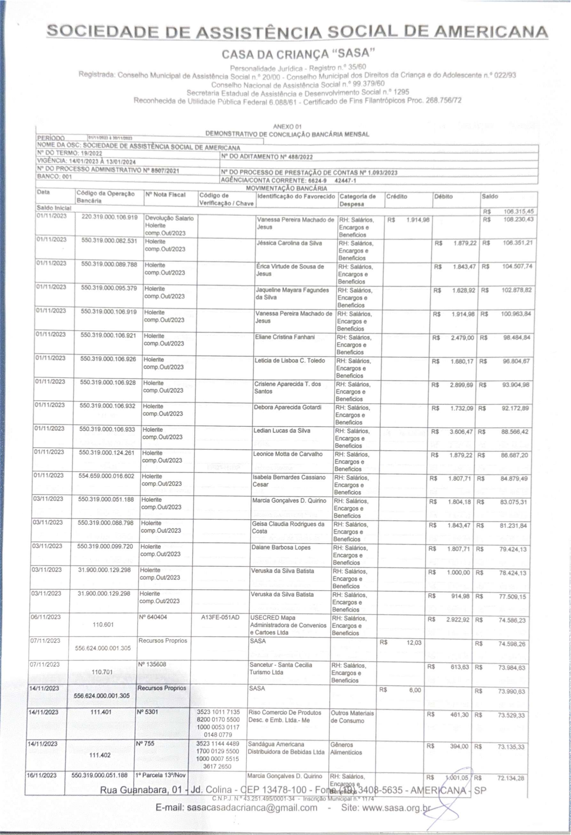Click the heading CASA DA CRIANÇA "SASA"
(x=298, y=54)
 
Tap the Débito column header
(x=443, y=196)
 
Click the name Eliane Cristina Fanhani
(x=285, y=337)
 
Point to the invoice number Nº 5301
(x=147, y=712)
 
